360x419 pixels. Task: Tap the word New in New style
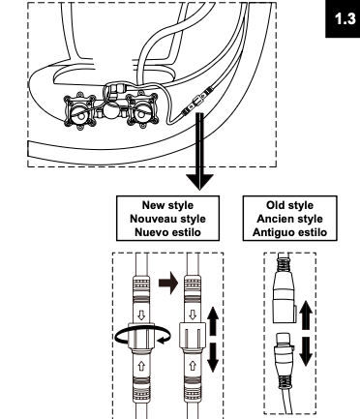pyautogui.click(x=153, y=205)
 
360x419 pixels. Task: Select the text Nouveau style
pyautogui.click(x=167, y=219)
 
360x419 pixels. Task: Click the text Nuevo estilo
pyautogui.click(x=167, y=232)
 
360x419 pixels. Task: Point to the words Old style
pyautogui.click(x=289, y=205)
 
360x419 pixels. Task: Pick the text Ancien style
pyautogui.click(x=289, y=219)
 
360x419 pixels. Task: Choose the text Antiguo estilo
pyautogui.click(x=289, y=232)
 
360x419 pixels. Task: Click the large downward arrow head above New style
pyautogui.click(x=199, y=182)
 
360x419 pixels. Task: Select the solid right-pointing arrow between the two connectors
pyautogui.click(x=168, y=284)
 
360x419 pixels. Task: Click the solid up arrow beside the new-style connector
pyautogui.click(x=213, y=320)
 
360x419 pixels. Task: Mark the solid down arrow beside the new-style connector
pyautogui.click(x=213, y=357)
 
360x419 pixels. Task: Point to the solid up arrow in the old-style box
pyautogui.click(x=306, y=314)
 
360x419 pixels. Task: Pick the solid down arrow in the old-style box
pyautogui.click(x=306, y=351)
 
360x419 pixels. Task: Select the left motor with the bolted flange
pyautogui.click(x=79, y=110)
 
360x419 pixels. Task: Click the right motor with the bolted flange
pyautogui.click(x=142, y=110)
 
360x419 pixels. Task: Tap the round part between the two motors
pyautogui.click(x=111, y=112)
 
